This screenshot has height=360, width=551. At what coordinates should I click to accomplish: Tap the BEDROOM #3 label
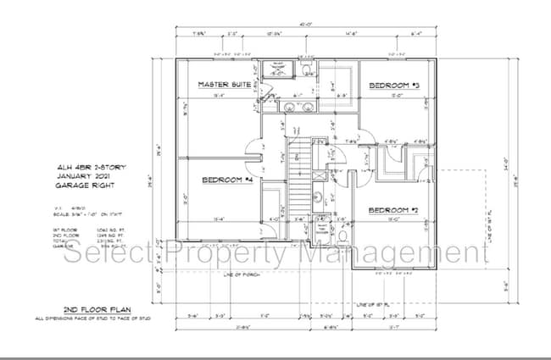coord(395,86)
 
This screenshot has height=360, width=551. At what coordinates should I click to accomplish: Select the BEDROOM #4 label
coord(229,180)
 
